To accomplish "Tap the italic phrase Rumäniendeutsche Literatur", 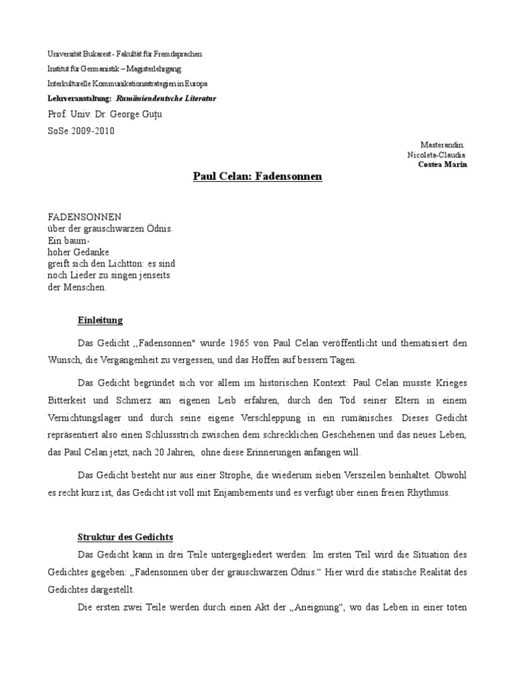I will [166, 98].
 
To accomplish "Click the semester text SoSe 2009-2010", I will [80, 131].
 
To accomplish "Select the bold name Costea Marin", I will [443, 164].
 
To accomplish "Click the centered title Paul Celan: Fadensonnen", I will [257, 176].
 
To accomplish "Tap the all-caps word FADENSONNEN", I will [84, 217].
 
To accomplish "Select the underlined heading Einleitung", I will [100, 320].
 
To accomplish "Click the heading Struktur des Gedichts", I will [125, 537].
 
